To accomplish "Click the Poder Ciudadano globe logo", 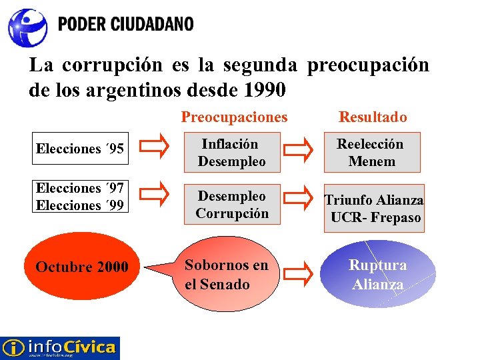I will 27,27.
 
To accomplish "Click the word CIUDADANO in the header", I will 152,25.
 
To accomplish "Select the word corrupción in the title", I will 122,65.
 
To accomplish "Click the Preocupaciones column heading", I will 234,117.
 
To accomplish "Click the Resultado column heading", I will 373,117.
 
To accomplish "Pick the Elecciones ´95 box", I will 79,149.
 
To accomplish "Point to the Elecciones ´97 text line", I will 79,190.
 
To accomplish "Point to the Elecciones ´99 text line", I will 79,205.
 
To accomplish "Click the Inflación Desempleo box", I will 231,153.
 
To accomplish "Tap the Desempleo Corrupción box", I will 231,205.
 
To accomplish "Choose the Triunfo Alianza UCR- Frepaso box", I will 374,208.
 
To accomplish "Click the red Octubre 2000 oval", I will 82,267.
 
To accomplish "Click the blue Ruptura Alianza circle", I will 378,275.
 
